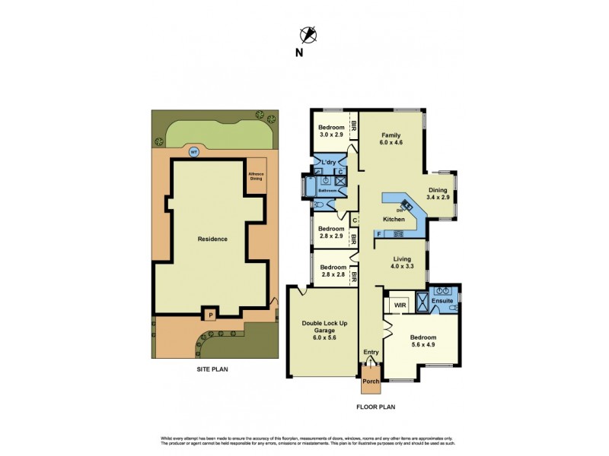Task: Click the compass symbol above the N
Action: click(x=308, y=33)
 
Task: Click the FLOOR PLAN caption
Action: click(x=375, y=407)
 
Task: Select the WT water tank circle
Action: click(x=194, y=150)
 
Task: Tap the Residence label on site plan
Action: click(x=212, y=239)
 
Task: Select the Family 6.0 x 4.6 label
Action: click(x=391, y=138)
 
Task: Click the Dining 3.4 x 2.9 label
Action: click(x=438, y=194)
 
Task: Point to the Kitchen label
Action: click(x=394, y=219)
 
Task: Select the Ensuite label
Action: click(x=442, y=302)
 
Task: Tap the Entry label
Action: click(x=371, y=352)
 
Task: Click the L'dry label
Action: click(x=329, y=163)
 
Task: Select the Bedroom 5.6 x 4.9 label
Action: click(x=422, y=341)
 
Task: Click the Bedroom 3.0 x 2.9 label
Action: click(x=331, y=131)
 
